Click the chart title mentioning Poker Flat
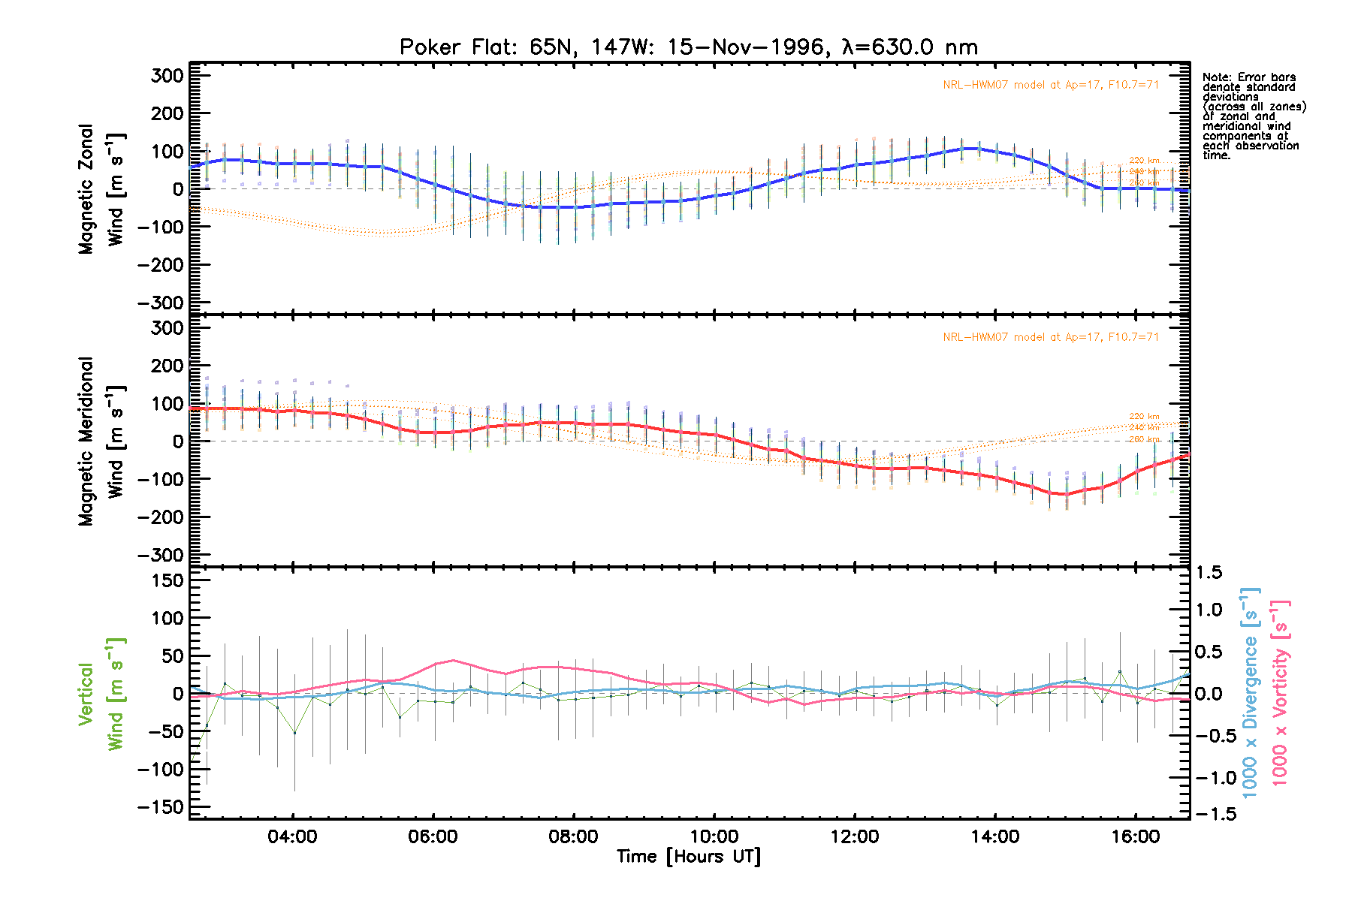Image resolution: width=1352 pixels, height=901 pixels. click(x=688, y=47)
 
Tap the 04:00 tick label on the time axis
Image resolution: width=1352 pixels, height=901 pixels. click(x=292, y=836)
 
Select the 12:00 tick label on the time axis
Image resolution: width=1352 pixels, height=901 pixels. click(x=854, y=836)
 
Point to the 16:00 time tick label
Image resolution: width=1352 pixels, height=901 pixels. click(x=1135, y=836)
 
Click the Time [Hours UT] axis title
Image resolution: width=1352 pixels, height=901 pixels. click(x=688, y=857)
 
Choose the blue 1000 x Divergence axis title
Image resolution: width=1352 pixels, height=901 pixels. click(x=1249, y=692)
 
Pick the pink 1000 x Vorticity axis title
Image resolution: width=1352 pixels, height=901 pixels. click(x=1279, y=692)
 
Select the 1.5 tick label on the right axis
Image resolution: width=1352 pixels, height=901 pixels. click(x=1209, y=573)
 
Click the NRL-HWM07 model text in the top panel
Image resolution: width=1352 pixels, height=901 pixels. click(x=1051, y=85)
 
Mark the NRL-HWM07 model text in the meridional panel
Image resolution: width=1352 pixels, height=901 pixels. click(x=1051, y=337)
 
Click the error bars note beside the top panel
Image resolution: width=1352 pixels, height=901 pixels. click(x=1253, y=116)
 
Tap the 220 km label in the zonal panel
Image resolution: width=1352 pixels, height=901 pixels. click(x=1144, y=161)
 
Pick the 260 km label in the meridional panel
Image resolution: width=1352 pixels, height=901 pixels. click(x=1144, y=439)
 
